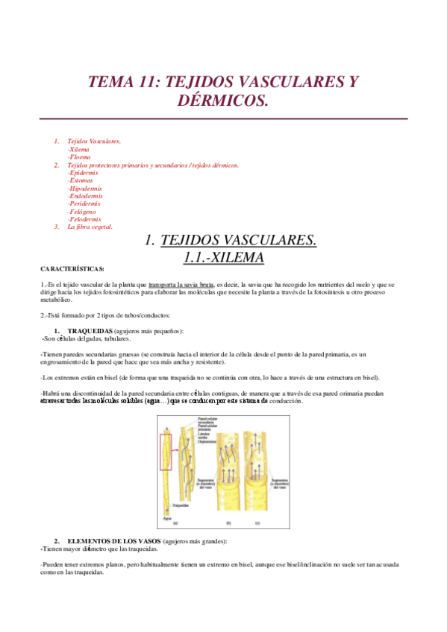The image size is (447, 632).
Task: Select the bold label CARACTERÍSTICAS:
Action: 72,268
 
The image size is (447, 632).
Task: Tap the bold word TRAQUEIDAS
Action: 90,330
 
